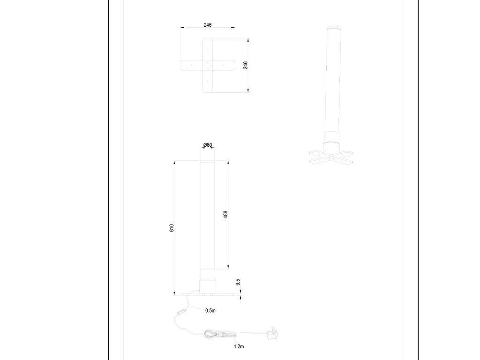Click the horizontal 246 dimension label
[x=208, y=25]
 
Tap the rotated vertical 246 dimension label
[x=245, y=65]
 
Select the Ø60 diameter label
[x=208, y=145]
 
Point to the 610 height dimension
[x=172, y=228]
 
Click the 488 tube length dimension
[x=225, y=215]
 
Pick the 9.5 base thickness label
[x=238, y=282]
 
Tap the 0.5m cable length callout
[x=210, y=310]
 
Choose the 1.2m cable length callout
[x=239, y=346]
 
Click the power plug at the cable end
[x=272, y=334]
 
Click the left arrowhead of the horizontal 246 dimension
[x=182, y=28]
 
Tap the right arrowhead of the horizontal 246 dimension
[x=233, y=28]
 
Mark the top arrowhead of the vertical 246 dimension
[x=248, y=40]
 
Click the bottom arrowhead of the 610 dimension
[x=174, y=293]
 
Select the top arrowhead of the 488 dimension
[x=228, y=163]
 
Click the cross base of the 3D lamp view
[x=331, y=157]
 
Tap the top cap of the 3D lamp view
[x=334, y=29]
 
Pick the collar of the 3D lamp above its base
[x=332, y=138]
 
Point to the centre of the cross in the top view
[x=208, y=65]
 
